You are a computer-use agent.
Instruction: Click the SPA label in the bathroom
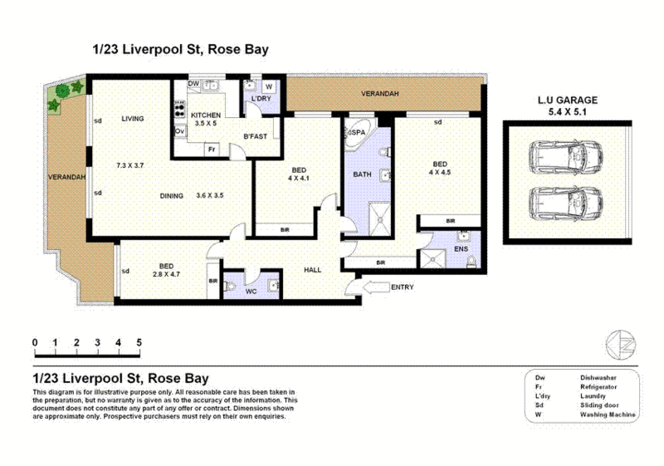click(361, 132)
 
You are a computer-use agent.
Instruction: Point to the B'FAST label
click(254, 136)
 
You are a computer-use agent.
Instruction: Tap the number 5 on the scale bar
click(139, 342)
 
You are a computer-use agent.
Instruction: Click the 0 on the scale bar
click(35, 342)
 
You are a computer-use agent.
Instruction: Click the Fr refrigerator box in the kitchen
click(212, 150)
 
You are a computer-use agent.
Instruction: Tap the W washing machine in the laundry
click(270, 86)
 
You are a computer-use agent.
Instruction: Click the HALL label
click(312, 269)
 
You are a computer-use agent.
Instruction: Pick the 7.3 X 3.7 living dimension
click(130, 166)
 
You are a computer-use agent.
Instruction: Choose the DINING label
click(173, 196)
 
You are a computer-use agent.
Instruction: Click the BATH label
click(362, 174)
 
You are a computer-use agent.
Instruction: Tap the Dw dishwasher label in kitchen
click(193, 84)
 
